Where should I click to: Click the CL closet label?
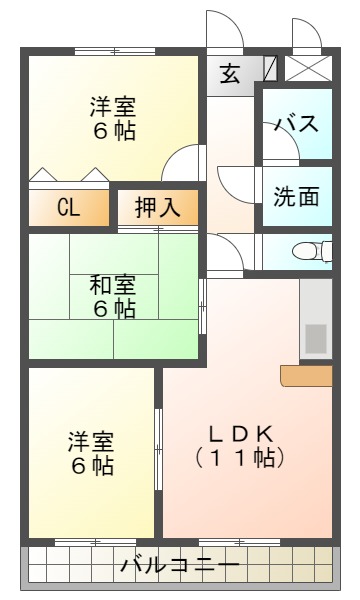(x=68, y=207)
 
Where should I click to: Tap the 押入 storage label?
(x=157, y=207)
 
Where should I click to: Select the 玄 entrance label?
(x=230, y=74)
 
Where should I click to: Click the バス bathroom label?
(x=297, y=124)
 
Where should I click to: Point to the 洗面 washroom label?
(x=297, y=195)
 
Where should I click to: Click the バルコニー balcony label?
(x=180, y=566)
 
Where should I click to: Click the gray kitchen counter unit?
(x=316, y=320)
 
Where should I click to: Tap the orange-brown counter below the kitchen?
(x=306, y=375)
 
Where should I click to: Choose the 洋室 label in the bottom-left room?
(x=91, y=440)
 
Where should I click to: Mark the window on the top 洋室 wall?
(x=113, y=51)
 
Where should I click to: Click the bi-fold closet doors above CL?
(x=68, y=176)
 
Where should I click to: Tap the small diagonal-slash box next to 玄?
(x=270, y=69)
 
